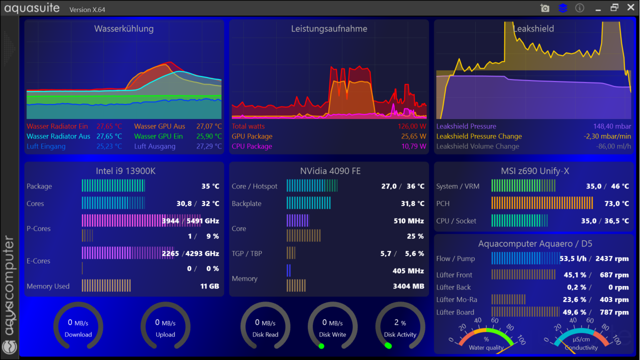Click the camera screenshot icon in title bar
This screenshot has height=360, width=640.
[x=545, y=8]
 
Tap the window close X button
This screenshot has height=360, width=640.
[x=630, y=8]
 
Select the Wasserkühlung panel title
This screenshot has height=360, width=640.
[x=124, y=29]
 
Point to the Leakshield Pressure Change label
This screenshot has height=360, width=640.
[x=479, y=136]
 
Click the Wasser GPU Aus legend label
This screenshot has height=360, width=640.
[x=159, y=126]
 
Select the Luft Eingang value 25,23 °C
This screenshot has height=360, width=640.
[x=109, y=146]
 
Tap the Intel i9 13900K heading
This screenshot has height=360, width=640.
[x=125, y=171]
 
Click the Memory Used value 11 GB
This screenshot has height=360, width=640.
[x=210, y=286]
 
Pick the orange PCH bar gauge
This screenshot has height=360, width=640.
[x=542, y=203]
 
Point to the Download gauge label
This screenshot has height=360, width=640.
[x=78, y=334]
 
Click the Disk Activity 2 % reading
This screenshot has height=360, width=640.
[x=400, y=323]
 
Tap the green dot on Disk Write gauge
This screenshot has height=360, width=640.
[x=321, y=346]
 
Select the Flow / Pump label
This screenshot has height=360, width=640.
[x=455, y=258]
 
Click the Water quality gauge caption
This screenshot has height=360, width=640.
[x=486, y=347]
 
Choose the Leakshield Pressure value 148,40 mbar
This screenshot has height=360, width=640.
[x=612, y=126]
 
